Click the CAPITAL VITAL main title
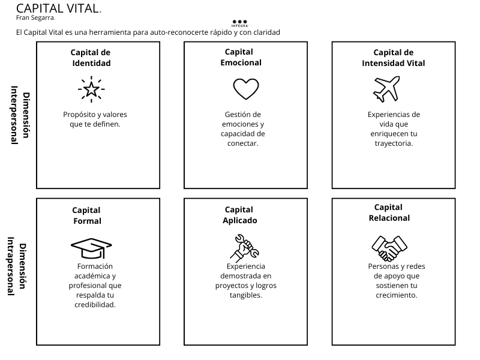[58, 8]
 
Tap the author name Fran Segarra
[35, 17]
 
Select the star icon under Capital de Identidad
[91, 89]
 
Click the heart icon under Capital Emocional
[245, 89]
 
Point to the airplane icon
[386, 89]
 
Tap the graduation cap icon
[91, 246]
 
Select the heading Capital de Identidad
[91, 58]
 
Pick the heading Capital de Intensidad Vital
[394, 58]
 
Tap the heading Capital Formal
[87, 215]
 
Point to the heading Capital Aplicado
[239, 215]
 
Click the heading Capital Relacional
[389, 212]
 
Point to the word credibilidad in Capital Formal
[95, 304]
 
